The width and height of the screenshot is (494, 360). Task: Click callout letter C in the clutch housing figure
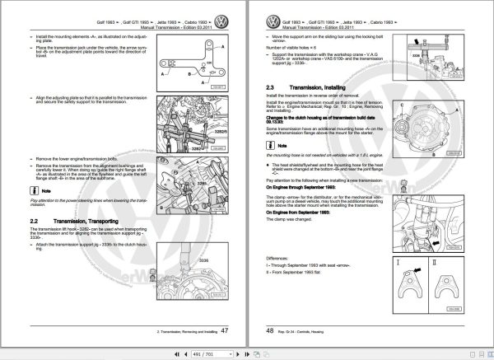[x=401, y=106]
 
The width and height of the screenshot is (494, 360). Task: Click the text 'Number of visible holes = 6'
[x=295, y=50]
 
